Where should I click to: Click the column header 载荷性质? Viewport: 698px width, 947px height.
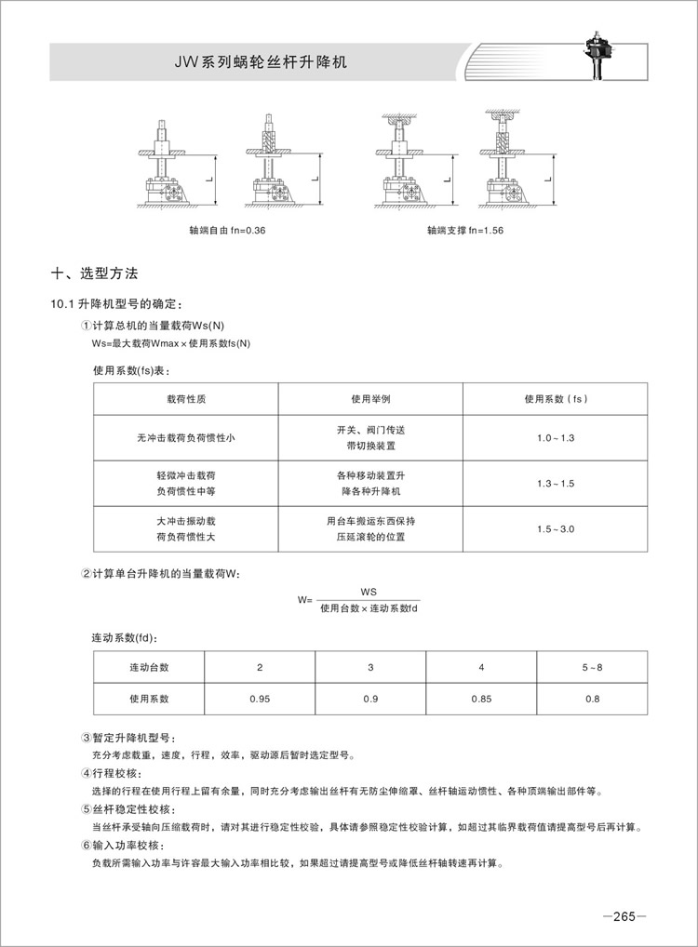185,398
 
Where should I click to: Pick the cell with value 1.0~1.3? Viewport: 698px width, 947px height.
556,437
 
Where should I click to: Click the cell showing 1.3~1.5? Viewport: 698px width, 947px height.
556,483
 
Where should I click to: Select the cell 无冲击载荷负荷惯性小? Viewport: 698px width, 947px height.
185,437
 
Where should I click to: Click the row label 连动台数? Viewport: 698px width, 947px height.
149,668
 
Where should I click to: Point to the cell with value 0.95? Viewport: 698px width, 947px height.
260,698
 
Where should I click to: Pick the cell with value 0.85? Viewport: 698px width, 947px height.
480,698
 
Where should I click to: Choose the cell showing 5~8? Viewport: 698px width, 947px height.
592,668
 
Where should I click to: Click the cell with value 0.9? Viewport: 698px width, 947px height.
370,698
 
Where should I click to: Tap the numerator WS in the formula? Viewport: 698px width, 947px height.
368,592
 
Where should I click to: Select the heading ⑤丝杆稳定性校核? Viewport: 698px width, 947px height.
127,809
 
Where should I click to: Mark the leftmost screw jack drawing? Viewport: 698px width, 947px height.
167,167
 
